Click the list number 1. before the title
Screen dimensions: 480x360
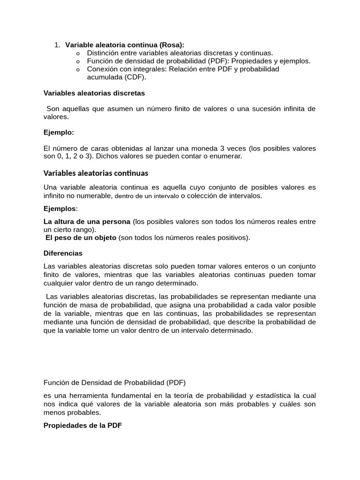tap(57, 45)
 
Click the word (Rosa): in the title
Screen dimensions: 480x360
tap(172, 45)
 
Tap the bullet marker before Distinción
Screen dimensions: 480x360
tap(78, 53)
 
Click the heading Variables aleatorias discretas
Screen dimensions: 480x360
tap(94, 93)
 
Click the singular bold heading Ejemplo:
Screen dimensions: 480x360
tap(59, 132)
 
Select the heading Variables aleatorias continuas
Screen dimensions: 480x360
tap(96, 172)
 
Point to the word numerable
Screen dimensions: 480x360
tap(95, 195)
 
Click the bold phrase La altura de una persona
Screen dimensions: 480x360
tap(87, 221)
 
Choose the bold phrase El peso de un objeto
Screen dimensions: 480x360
tap(81, 238)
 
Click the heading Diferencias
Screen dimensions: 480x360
tap(63, 253)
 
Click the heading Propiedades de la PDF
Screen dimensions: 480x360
tap(82, 426)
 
